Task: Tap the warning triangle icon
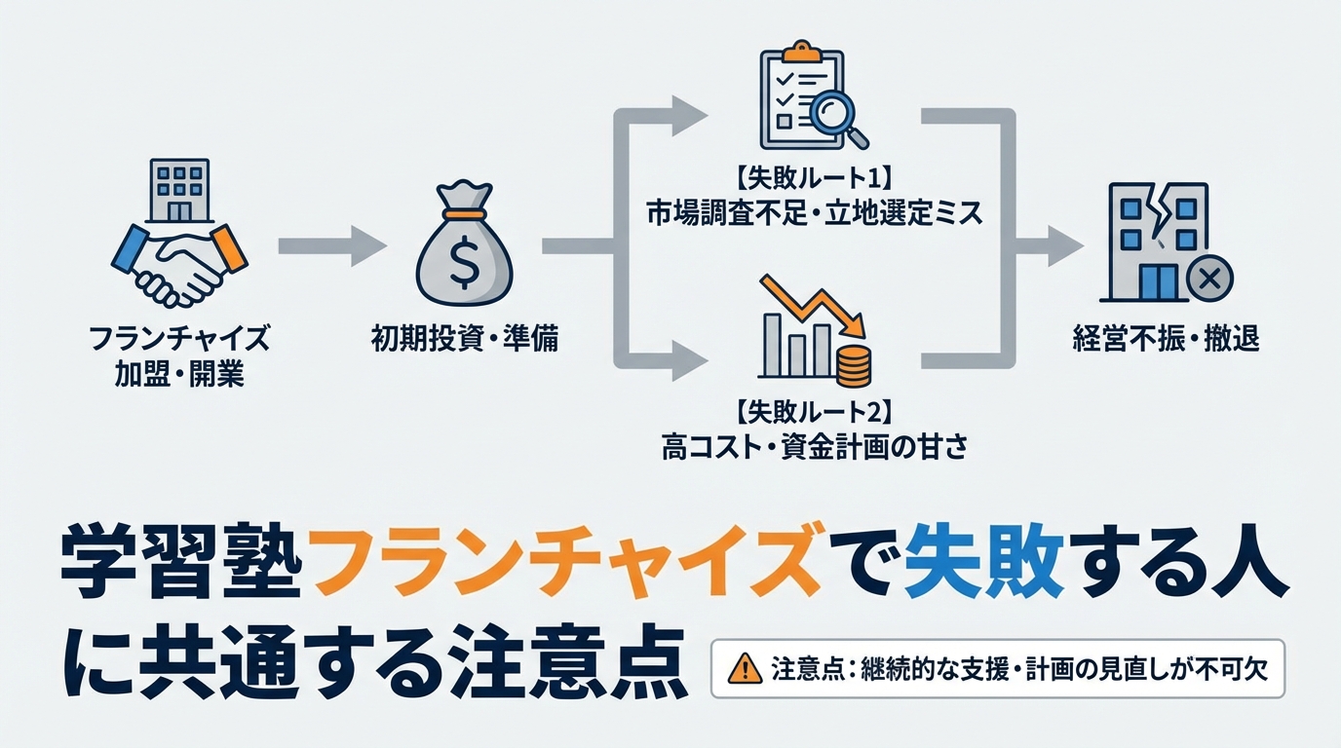(745, 669)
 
